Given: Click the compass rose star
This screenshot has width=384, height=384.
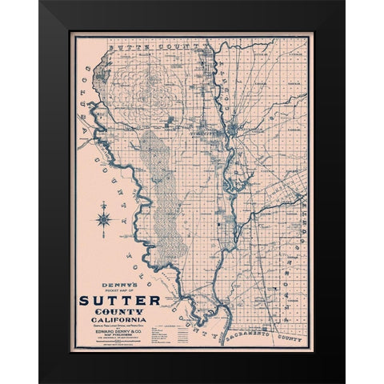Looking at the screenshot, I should pos(105,218).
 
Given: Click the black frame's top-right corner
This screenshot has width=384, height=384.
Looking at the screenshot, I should pos(343,3).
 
